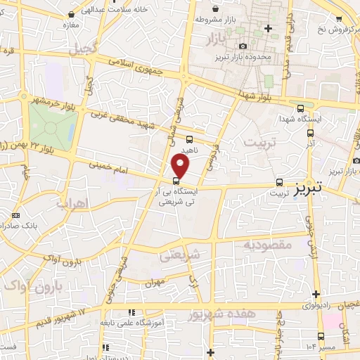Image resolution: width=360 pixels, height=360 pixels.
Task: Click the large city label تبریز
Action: pyautogui.click(x=309, y=188)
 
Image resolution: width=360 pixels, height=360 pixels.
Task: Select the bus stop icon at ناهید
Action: pyautogui.click(x=190, y=139)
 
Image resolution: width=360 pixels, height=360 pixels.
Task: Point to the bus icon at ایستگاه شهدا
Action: pyautogui.click(x=301, y=108)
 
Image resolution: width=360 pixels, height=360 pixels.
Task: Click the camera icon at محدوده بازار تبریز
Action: pyautogui.click(x=243, y=46)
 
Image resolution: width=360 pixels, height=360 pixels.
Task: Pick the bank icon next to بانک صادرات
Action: pyautogui.click(x=15, y=215)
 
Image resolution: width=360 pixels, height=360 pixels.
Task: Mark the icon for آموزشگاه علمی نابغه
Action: pyautogui.click(x=131, y=312)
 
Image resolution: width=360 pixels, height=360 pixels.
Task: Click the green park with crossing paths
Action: pyautogui.click(x=51, y=128)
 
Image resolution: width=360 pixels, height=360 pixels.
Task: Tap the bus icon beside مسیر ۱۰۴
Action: pyautogui.click(x=321, y=336)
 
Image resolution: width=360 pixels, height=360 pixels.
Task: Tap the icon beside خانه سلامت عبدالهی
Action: pyautogui.click(x=72, y=14)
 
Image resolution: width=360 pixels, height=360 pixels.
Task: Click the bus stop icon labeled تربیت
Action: pyautogui.click(x=280, y=181)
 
